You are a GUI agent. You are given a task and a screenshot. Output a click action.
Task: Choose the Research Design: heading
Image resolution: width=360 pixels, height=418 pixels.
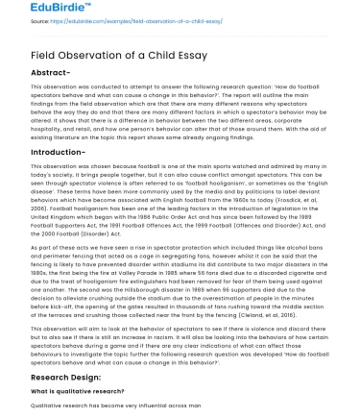(54, 377)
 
